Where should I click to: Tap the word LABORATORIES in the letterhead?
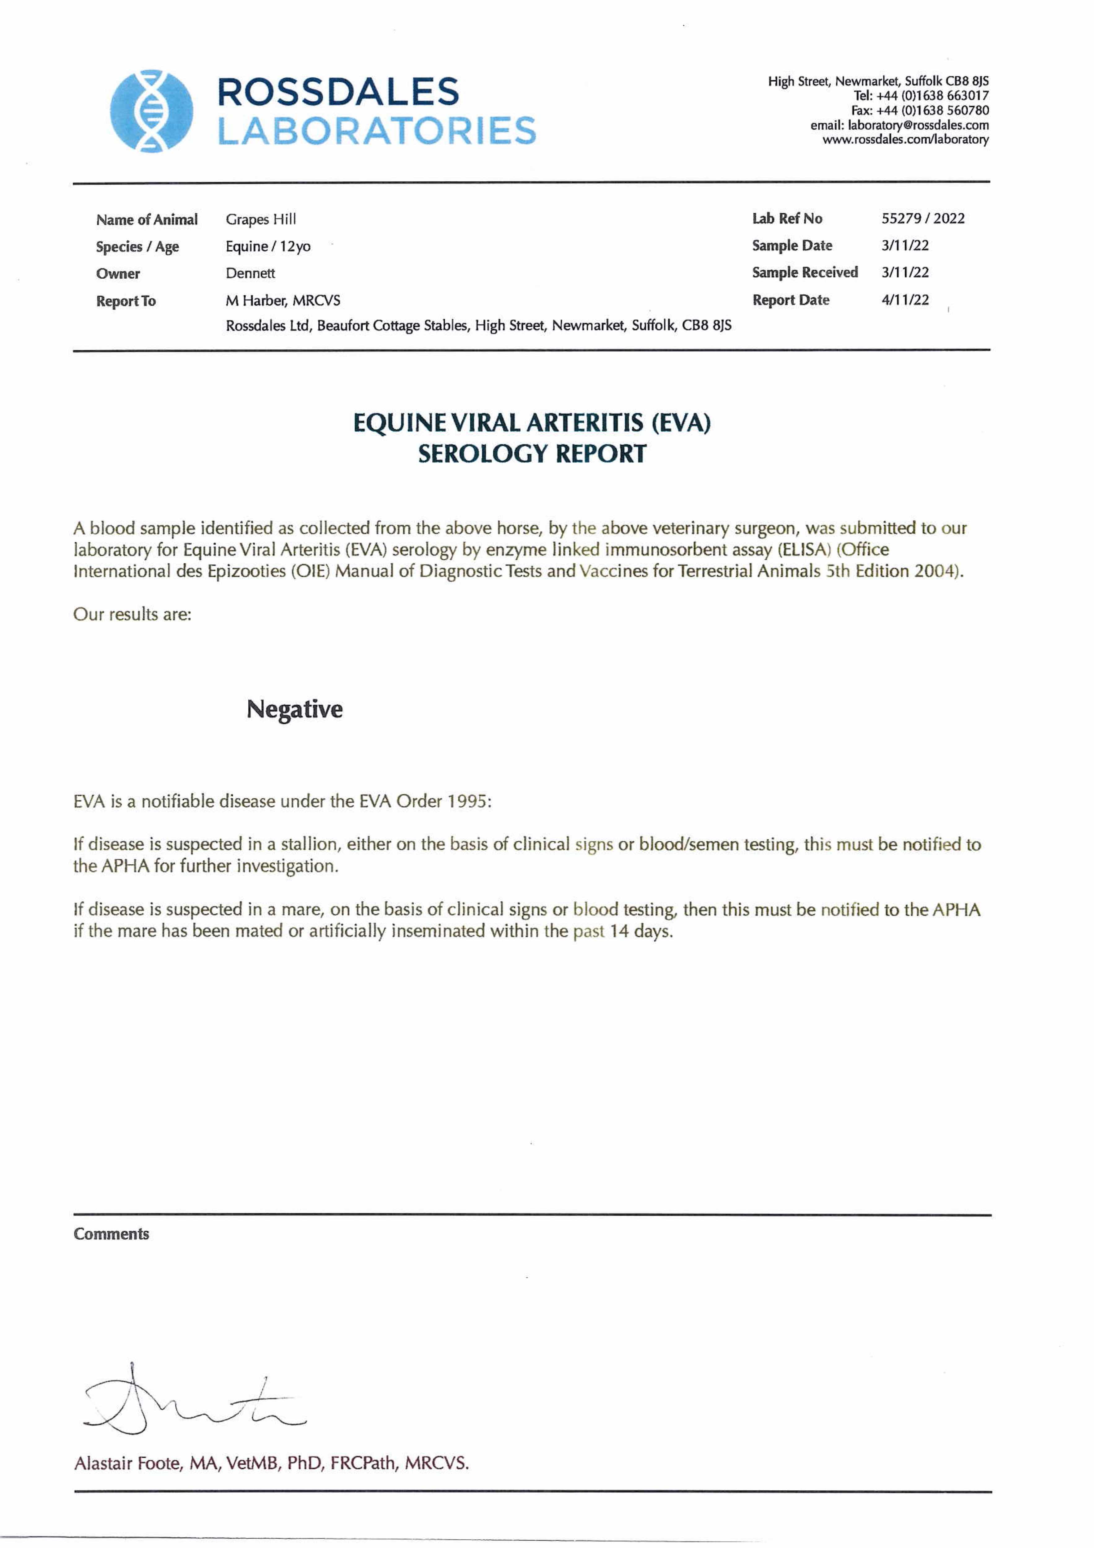tap(376, 131)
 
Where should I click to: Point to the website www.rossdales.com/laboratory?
tap(905, 140)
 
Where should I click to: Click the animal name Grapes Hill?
tap(260, 219)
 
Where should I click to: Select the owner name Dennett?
tap(250, 273)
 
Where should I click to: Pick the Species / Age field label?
tap(137, 247)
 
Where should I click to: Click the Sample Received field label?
tap(805, 272)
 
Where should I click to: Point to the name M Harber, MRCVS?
tap(283, 300)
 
